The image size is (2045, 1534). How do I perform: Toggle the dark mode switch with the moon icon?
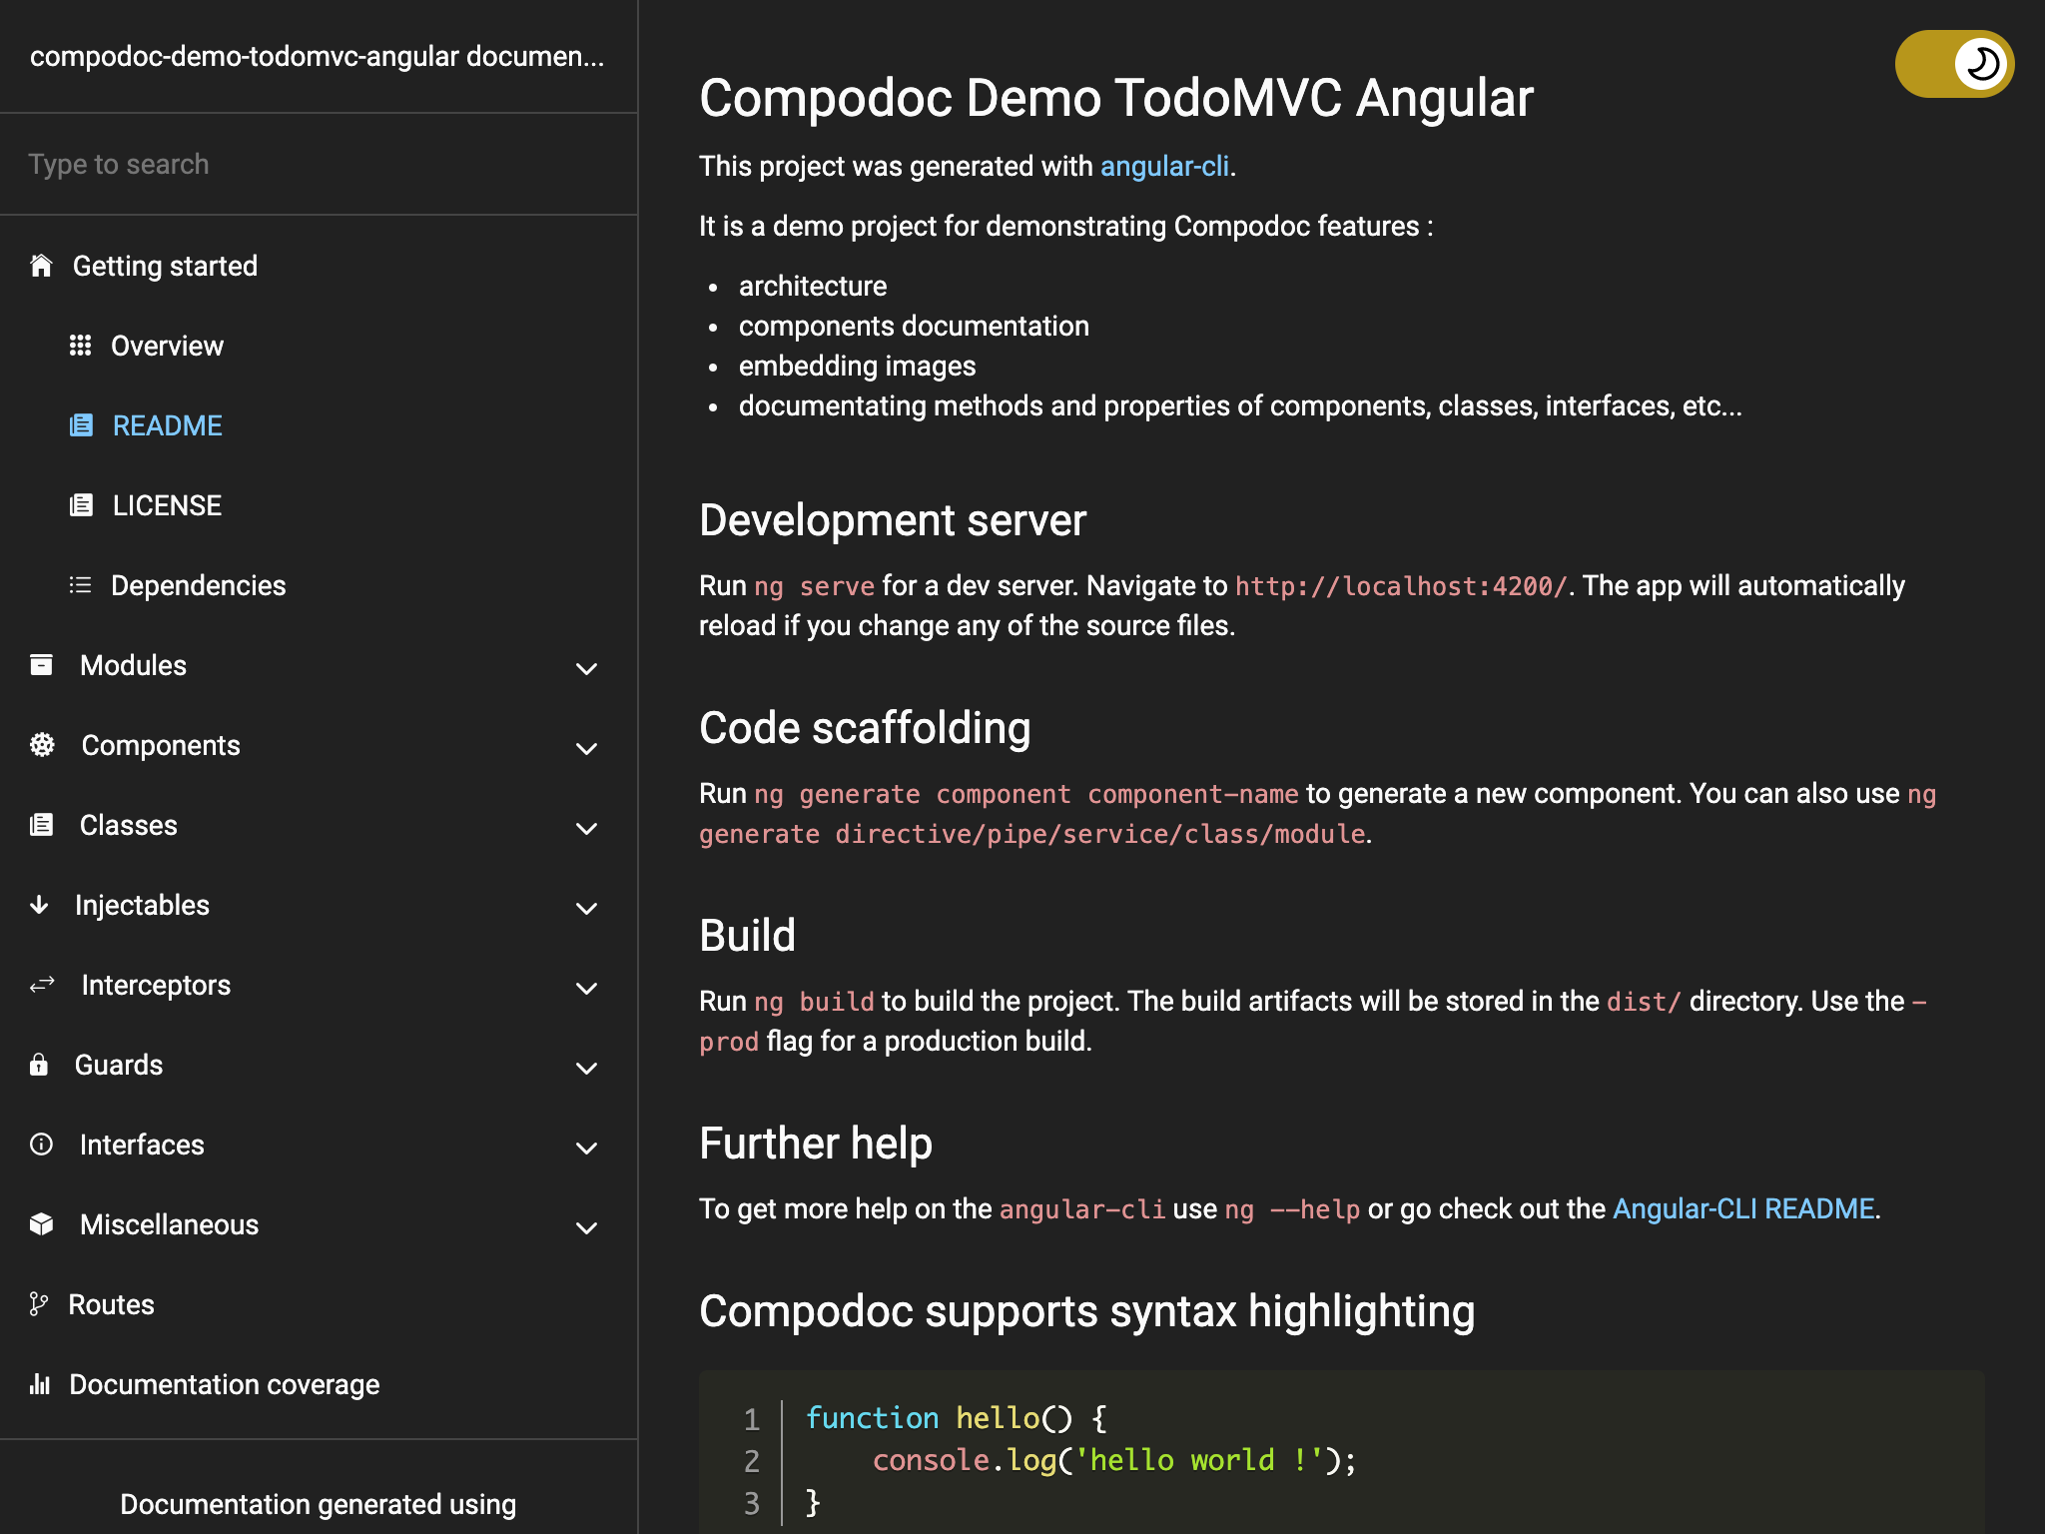click(x=1954, y=64)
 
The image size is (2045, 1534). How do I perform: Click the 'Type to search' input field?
click(x=318, y=165)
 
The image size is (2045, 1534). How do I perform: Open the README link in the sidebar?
click(x=167, y=426)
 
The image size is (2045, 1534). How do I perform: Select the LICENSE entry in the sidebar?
click(x=167, y=506)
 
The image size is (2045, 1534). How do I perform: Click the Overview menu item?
click(x=167, y=347)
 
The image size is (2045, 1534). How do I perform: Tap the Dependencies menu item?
click(x=198, y=586)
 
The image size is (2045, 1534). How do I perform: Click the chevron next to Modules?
click(x=587, y=668)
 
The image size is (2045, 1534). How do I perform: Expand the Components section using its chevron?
click(x=587, y=748)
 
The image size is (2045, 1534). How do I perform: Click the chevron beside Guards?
click(x=587, y=1068)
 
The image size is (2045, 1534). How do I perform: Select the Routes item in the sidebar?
click(x=111, y=1305)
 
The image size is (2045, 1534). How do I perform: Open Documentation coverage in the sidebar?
click(x=224, y=1385)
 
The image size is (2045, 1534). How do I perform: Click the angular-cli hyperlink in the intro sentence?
click(x=1164, y=167)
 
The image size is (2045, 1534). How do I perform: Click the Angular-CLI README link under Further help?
click(x=1743, y=1209)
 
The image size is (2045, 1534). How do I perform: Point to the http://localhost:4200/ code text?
click(x=1401, y=586)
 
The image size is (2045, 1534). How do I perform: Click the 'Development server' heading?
click(x=892, y=521)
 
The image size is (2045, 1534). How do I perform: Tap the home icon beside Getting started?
click(x=41, y=266)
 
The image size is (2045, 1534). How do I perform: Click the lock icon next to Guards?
click(x=39, y=1065)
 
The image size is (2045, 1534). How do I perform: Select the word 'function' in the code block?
click(x=872, y=1418)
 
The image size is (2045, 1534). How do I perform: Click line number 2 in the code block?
click(x=752, y=1461)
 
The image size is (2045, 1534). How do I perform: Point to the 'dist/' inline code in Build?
click(x=1644, y=1002)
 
